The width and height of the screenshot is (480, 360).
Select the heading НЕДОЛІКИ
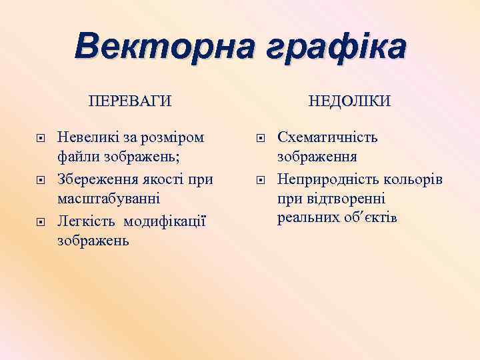[x=349, y=101]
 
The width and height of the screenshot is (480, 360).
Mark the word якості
[x=162, y=179]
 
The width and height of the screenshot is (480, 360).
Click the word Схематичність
[x=327, y=138]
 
